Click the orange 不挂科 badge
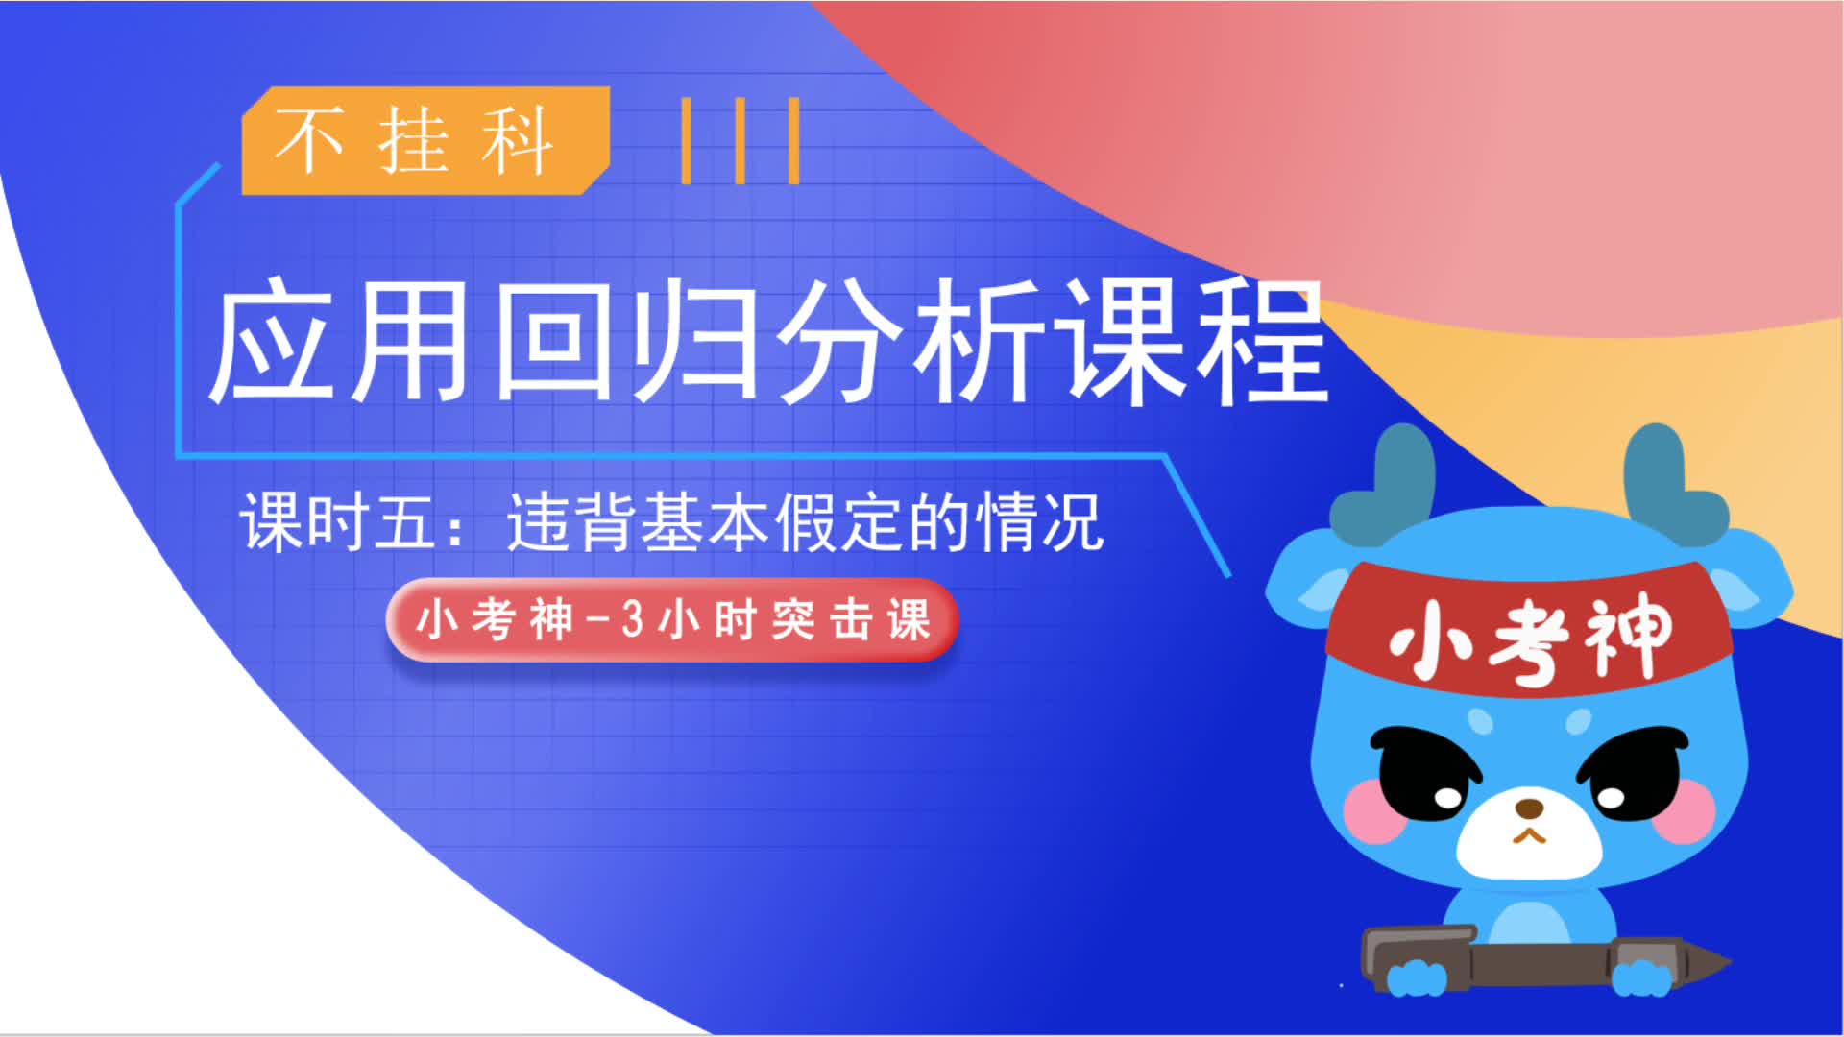(x=425, y=140)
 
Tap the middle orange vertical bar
(x=740, y=140)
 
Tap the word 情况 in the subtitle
(x=1040, y=522)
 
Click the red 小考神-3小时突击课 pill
(x=672, y=620)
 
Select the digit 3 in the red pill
(x=632, y=620)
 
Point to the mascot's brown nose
(x=1529, y=807)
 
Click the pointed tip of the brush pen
(x=1730, y=961)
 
